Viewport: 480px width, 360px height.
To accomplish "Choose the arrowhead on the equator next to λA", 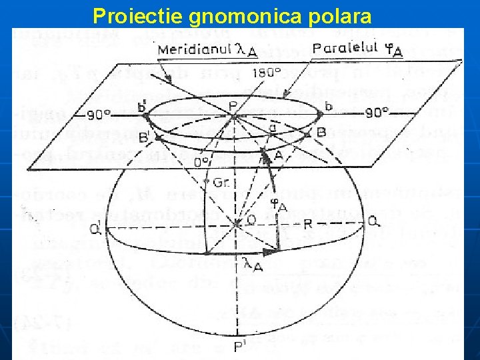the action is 269,252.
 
